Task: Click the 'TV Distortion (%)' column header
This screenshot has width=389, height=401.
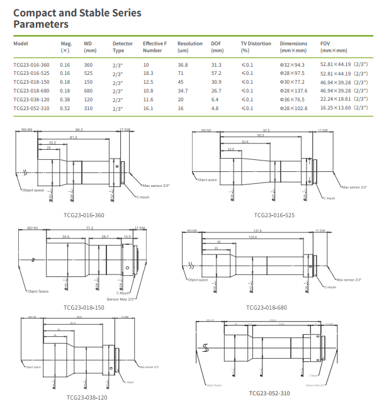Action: click(256, 47)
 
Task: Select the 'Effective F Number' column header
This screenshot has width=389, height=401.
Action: click(155, 47)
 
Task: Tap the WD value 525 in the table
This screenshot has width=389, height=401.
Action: click(88, 73)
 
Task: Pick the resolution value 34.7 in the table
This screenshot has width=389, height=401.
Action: click(183, 91)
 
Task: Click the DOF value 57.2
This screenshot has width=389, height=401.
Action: click(217, 73)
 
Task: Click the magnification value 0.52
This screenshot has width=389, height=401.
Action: click(65, 108)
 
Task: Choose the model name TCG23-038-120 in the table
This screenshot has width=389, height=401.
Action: click(31, 99)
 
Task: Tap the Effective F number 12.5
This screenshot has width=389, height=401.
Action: click(148, 82)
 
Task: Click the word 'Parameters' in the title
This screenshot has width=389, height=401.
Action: click(41, 25)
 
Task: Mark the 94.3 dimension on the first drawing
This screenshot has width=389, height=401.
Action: click(79, 130)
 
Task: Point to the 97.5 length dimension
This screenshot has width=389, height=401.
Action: click(266, 130)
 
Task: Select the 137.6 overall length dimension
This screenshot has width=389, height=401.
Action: click(257, 231)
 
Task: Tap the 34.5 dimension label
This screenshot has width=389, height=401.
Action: click(65, 237)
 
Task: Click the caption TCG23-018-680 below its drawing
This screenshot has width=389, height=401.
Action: click(266, 308)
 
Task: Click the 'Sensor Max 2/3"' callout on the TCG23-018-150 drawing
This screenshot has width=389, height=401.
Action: click(119, 299)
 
